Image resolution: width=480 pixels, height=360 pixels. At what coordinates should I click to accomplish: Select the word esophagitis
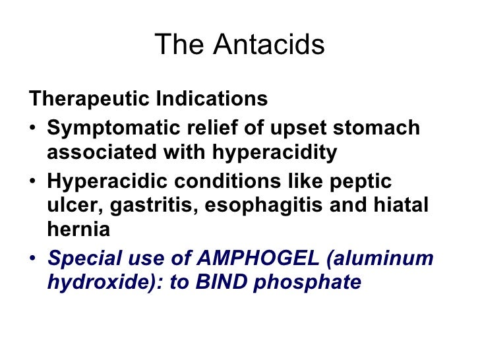click(261, 206)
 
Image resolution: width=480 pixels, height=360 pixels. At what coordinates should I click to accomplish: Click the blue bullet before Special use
click(34, 258)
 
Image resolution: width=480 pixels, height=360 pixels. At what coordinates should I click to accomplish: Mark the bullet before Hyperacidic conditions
click(34, 181)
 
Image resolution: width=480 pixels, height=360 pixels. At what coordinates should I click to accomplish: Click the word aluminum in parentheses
click(386, 257)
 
